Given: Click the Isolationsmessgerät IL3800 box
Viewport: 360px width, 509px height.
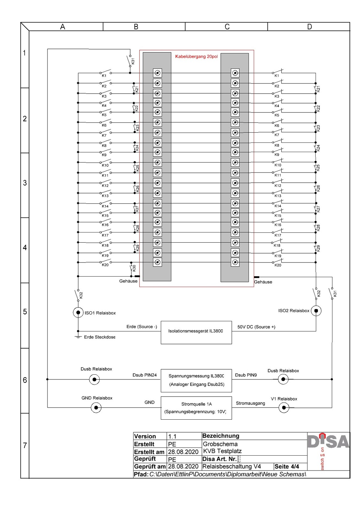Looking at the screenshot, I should pos(196,332).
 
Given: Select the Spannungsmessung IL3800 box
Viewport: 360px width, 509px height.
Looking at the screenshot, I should pos(196,380).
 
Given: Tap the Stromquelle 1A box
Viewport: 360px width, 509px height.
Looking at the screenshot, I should pos(196,408).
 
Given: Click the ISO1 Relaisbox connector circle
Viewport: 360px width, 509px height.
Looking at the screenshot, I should pos(78,313).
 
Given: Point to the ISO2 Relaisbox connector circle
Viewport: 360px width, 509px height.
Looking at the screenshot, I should pos(316,311).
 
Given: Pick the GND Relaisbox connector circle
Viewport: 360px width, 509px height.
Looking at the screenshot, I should pos(96,408).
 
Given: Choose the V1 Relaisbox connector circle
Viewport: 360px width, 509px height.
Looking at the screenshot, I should pos(284,408).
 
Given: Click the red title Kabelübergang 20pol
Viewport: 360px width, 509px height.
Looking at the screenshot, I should pos(196,56).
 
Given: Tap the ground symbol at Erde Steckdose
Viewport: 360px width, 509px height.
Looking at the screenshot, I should pos(78,337).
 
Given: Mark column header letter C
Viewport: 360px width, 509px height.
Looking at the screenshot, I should pos(227,27).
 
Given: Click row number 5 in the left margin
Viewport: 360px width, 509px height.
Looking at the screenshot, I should pos(25,312).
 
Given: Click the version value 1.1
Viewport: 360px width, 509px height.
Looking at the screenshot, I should pos(172,436).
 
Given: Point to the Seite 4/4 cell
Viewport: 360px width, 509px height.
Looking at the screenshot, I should pos(287,466).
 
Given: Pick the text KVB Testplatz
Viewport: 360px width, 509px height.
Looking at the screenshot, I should pos(222,451).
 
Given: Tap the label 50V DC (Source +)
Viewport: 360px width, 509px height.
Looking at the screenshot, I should pos(256,327).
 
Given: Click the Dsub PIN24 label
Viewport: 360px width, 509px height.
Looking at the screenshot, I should pos(145,375).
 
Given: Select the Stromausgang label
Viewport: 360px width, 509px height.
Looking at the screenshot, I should pos(250,403).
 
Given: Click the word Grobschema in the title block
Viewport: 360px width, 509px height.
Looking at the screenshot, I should pos(220,444).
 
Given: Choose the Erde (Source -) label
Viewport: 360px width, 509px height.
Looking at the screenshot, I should pos(142,327).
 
